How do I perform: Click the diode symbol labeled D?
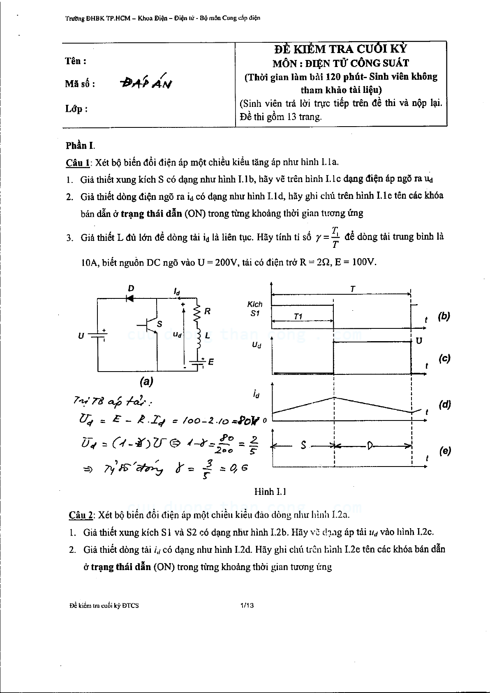(130, 298)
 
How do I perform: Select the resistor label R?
(207, 311)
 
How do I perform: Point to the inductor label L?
(207, 335)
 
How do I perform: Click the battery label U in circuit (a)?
(81, 335)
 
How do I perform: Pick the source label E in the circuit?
(211, 362)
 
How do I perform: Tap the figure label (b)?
(444, 316)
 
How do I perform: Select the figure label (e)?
(445, 451)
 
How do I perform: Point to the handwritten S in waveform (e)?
(303, 445)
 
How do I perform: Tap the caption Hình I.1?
(270, 492)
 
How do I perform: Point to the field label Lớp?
(76, 109)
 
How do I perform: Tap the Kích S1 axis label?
(255, 308)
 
